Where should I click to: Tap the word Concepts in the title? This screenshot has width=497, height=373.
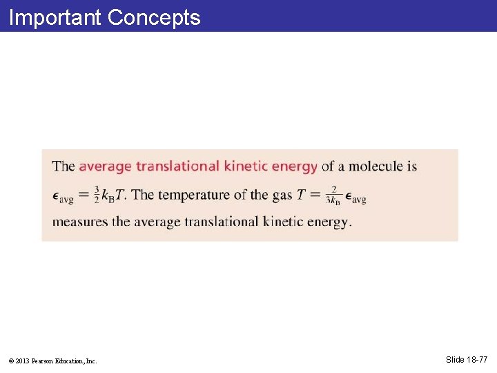coord(154,17)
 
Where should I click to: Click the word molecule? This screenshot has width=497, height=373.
coord(376,166)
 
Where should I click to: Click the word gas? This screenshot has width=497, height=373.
coord(282,195)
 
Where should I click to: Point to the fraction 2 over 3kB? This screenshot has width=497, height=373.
coord(333,195)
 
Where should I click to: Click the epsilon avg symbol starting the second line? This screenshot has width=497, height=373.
coord(62,196)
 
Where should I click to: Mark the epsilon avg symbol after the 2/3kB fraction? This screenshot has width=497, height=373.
coord(355,197)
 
